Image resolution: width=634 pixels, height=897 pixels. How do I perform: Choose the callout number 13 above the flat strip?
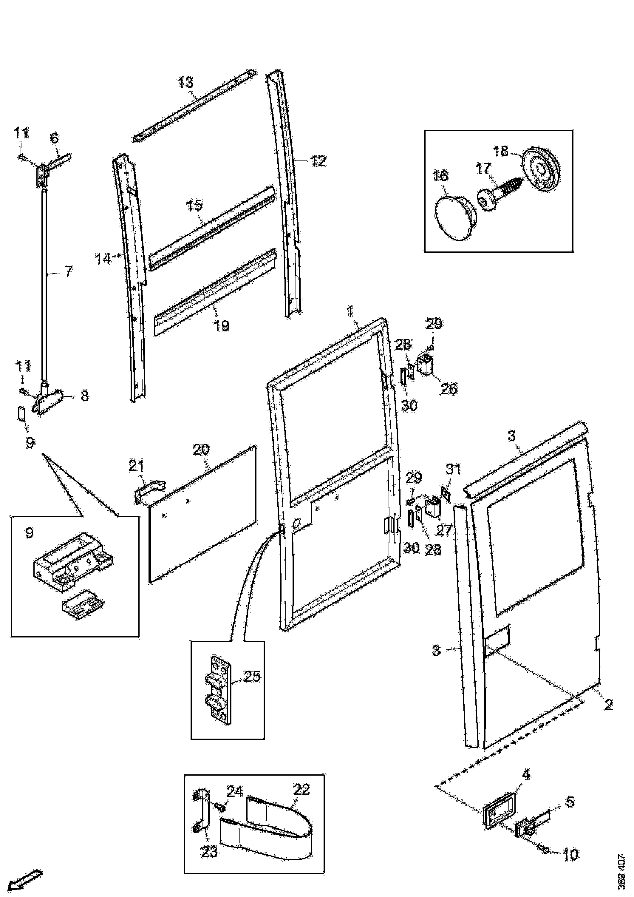[185, 83]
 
